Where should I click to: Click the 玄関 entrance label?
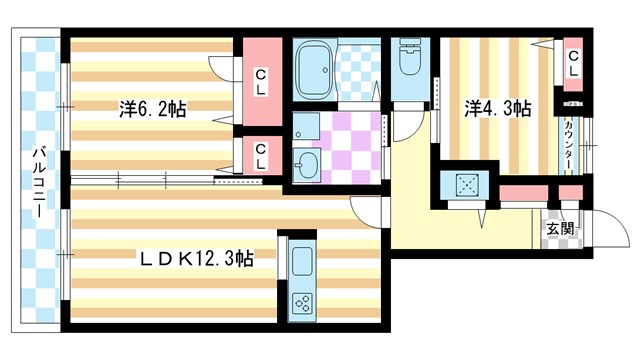561,230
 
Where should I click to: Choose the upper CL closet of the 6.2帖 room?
260,74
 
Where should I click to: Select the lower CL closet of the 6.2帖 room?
259,155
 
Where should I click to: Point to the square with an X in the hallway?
464,186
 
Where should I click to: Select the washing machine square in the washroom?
306,126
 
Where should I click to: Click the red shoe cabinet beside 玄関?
520,192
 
